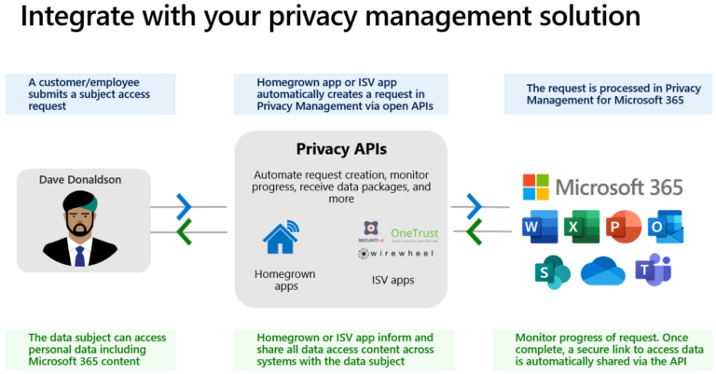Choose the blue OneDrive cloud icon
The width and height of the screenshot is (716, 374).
pyautogui.click(x=602, y=271)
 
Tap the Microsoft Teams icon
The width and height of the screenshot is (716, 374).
pyautogui.click(x=654, y=270)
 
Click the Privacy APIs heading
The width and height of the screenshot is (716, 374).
pyautogui.click(x=340, y=149)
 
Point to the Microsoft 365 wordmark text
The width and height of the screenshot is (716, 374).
pyautogui.click(x=619, y=187)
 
